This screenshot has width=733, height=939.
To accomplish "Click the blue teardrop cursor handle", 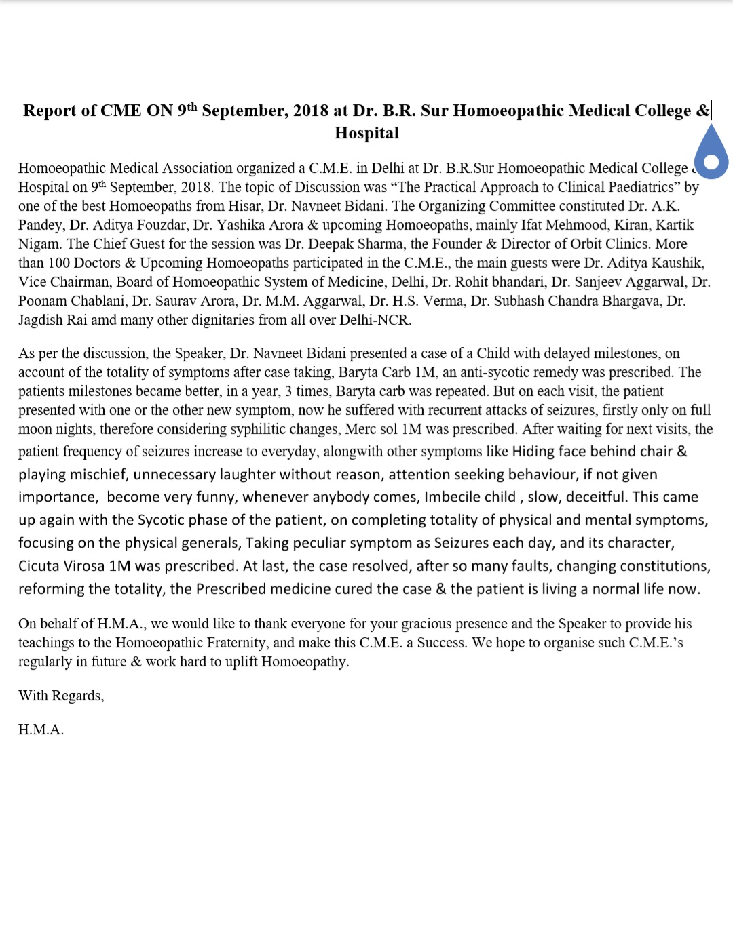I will click(x=711, y=155).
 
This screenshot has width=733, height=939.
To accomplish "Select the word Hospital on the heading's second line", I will click(x=366, y=133).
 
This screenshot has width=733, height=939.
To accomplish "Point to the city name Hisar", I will click(x=244, y=206).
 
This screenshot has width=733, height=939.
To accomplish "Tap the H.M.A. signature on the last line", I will click(x=41, y=730).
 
